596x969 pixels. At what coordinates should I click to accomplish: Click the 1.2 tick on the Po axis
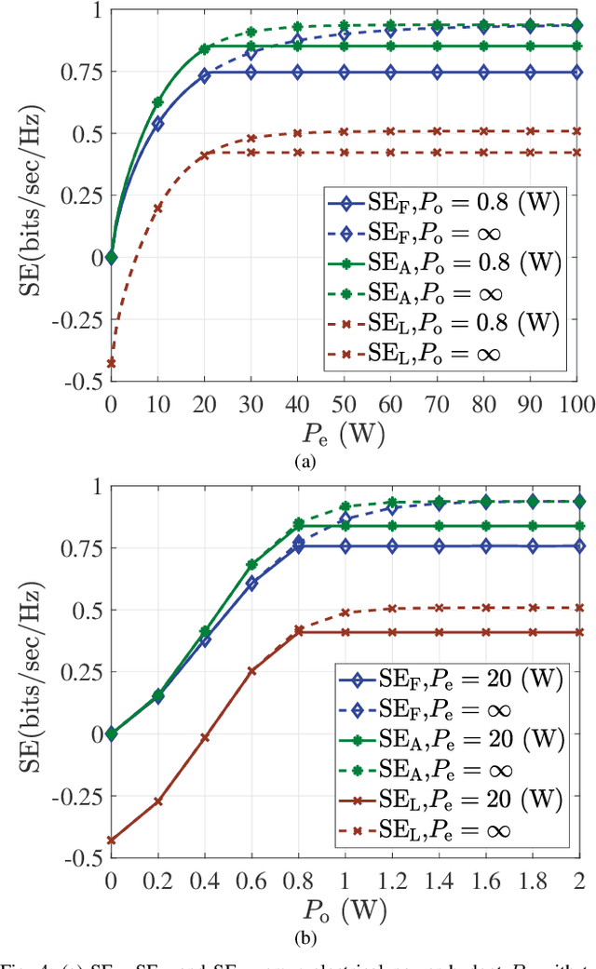coord(391,878)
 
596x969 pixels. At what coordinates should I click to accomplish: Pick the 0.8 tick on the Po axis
coord(298,878)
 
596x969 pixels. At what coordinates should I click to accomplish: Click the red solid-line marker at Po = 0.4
coord(205,737)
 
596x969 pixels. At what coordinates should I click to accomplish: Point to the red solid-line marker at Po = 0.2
coord(158,801)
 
